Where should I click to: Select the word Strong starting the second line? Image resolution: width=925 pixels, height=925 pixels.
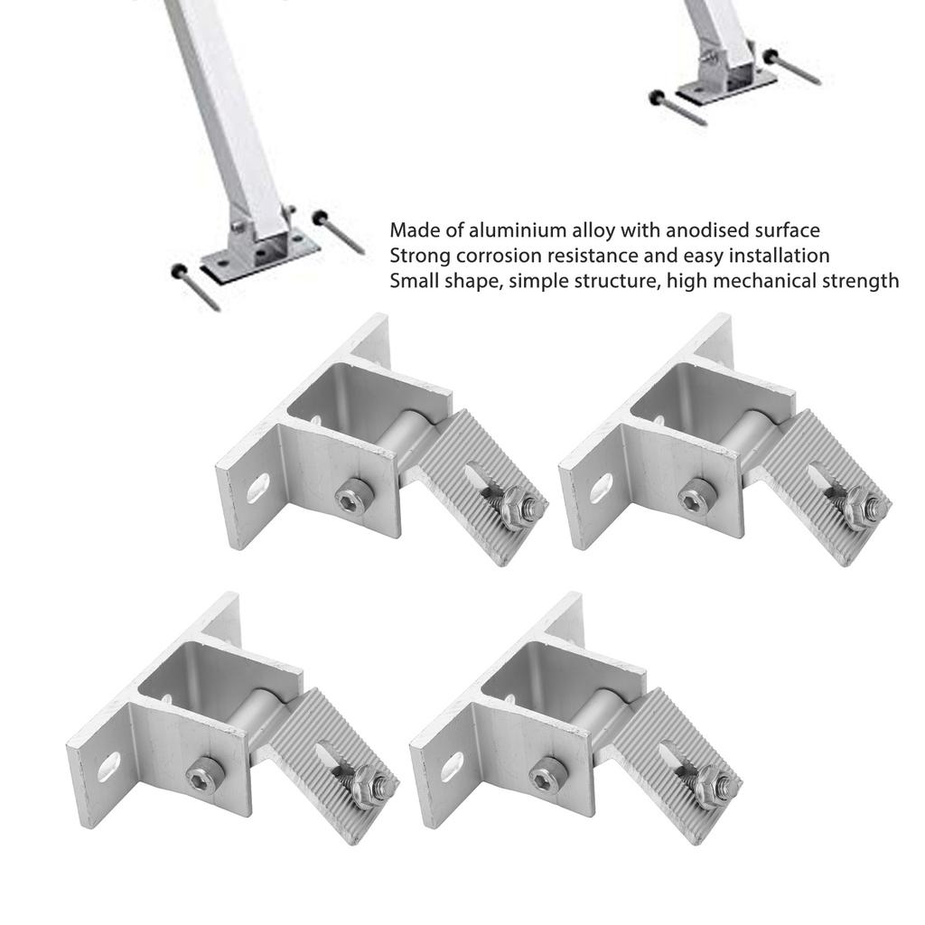pos(415,256)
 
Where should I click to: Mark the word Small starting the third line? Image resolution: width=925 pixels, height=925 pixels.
pos(412,281)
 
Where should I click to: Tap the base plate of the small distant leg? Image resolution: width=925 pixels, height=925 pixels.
pos(726,88)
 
